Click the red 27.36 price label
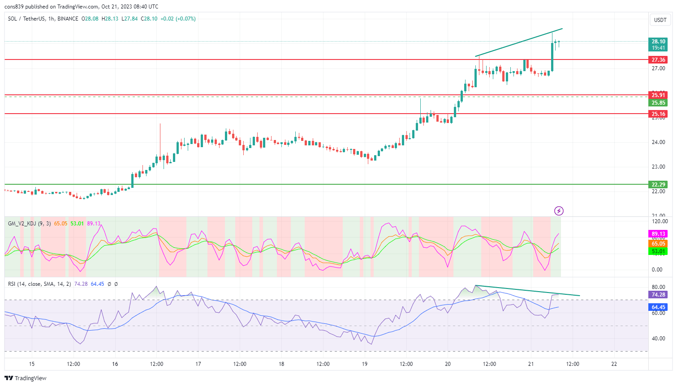(x=658, y=60)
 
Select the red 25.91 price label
(x=658, y=95)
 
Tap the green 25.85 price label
(x=658, y=103)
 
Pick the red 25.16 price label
(x=658, y=114)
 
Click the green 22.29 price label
(x=658, y=184)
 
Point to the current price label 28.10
(x=658, y=42)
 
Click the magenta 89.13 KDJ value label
(x=658, y=234)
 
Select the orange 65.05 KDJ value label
(x=658, y=244)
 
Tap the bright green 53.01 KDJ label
(x=658, y=251)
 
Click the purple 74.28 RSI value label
(x=658, y=295)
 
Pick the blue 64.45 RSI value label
(x=658, y=307)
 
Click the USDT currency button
(x=660, y=20)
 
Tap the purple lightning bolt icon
(x=559, y=211)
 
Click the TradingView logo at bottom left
(x=26, y=378)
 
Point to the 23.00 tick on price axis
(x=658, y=167)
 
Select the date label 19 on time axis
(x=365, y=364)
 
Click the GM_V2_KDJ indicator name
(x=22, y=223)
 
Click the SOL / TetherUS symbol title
(x=26, y=19)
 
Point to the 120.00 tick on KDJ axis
(x=660, y=221)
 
